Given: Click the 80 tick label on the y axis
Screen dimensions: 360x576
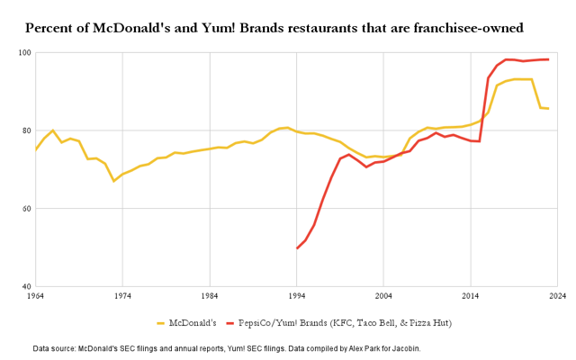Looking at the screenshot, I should (x=26, y=131).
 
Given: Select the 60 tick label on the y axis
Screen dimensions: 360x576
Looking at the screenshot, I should (x=26, y=209).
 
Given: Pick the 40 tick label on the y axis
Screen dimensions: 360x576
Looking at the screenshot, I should (x=26, y=287).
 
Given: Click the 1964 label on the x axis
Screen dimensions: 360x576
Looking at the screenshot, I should (x=35, y=295).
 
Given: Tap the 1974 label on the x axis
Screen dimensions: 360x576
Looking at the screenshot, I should (x=122, y=295).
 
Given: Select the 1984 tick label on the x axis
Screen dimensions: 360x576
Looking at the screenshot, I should (x=210, y=295).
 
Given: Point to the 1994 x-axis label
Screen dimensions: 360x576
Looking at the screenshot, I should (x=296, y=295).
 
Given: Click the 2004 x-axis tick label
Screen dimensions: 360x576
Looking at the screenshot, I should (x=383, y=295).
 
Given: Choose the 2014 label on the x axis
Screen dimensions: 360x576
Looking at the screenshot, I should (x=471, y=295).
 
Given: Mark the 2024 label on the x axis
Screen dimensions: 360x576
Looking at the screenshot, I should (x=557, y=295).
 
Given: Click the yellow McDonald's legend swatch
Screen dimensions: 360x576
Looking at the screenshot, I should (x=162, y=322).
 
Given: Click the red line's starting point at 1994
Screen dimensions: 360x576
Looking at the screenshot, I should (x=297, y=248).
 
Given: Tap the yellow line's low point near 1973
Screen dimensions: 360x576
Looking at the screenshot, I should (x=114, y=181).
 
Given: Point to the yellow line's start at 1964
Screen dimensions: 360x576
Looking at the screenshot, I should (x=36, y=149).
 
